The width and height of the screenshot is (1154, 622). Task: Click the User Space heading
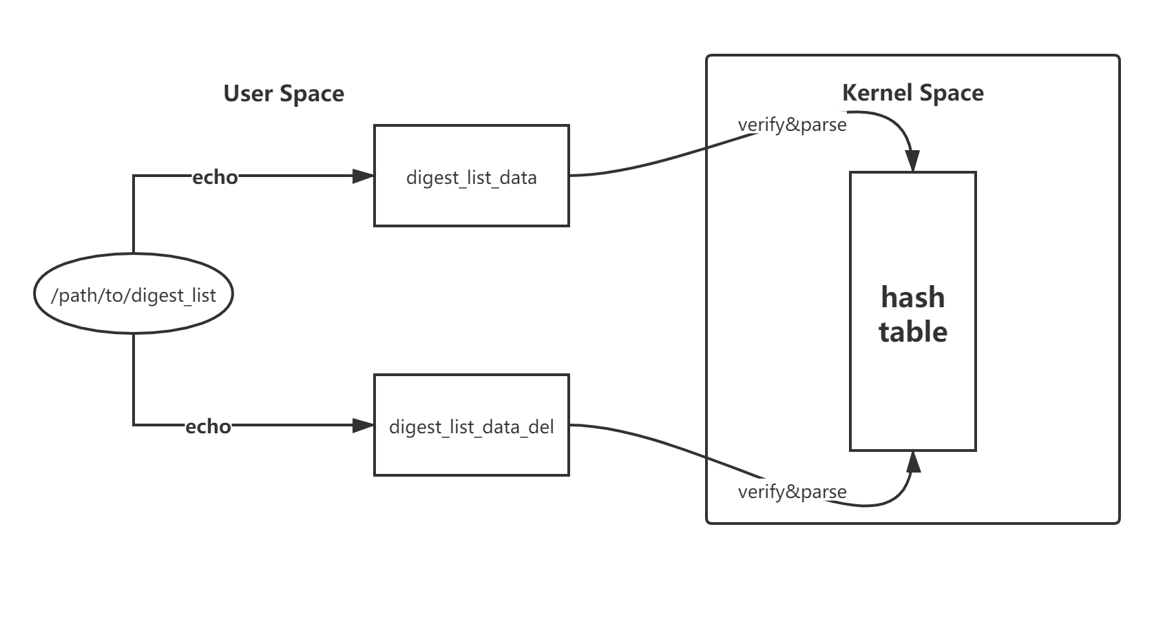point(284,94)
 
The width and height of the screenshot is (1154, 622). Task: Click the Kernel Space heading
point(912,93)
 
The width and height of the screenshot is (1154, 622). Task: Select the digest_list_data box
point(471,176)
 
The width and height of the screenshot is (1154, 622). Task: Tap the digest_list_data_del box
point(471,426)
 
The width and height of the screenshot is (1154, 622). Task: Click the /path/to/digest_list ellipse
point(134,295)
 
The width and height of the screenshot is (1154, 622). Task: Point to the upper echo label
point(215,177)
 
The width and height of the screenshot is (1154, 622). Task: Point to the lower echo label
point(208,426)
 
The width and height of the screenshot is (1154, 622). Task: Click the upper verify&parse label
point(792,125)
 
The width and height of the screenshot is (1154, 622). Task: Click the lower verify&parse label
point(792,492)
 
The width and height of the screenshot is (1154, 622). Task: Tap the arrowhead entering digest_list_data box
point(364,176)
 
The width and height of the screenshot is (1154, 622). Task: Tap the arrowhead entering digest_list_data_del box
point(364,426)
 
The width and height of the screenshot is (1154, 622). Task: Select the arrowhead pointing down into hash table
point(912,161)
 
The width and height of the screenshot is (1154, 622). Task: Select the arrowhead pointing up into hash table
point(913,462)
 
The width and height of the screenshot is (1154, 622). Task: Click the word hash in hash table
point(912,298)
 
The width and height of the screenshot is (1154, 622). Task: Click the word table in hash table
point(912,332)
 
